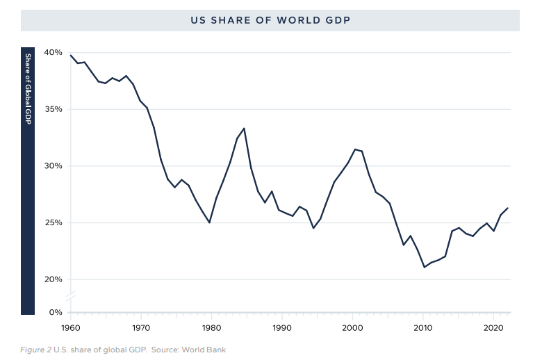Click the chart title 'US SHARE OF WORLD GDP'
coord(270,20)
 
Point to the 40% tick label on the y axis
coord(53,52)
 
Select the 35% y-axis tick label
coord(53,109)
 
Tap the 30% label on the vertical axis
coord(53,166)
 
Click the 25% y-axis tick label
coord(53,223)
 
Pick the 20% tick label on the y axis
coord(53,279)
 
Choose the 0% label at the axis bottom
coord(55,312)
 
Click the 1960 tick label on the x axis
coord(70,327)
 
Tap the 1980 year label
coord(211,327)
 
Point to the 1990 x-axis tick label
coord(281,327)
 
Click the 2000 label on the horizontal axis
coord(352,327)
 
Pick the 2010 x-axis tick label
coord(422,327)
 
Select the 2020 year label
coord(493,327)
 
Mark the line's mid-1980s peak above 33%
coord(244,128)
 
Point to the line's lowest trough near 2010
coord(425,267)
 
